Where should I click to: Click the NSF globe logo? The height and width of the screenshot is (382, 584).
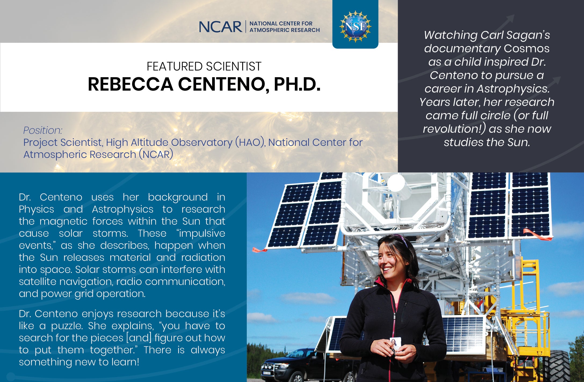click(355, 27)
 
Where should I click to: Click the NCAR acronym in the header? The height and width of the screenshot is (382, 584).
click(220, 27)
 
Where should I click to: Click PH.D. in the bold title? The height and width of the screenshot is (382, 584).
click(297, 84)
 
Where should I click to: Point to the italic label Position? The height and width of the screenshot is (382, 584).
click(43, 130)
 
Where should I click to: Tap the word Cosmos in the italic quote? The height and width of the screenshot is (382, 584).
click(527, 49)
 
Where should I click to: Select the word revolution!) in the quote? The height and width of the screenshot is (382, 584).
click(454, 129)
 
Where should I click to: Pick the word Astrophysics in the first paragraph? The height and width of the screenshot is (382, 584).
click(122, 209)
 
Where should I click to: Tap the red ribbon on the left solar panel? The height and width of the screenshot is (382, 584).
click(259, 250)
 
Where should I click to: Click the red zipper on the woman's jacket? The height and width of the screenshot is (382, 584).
click(394, 314)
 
